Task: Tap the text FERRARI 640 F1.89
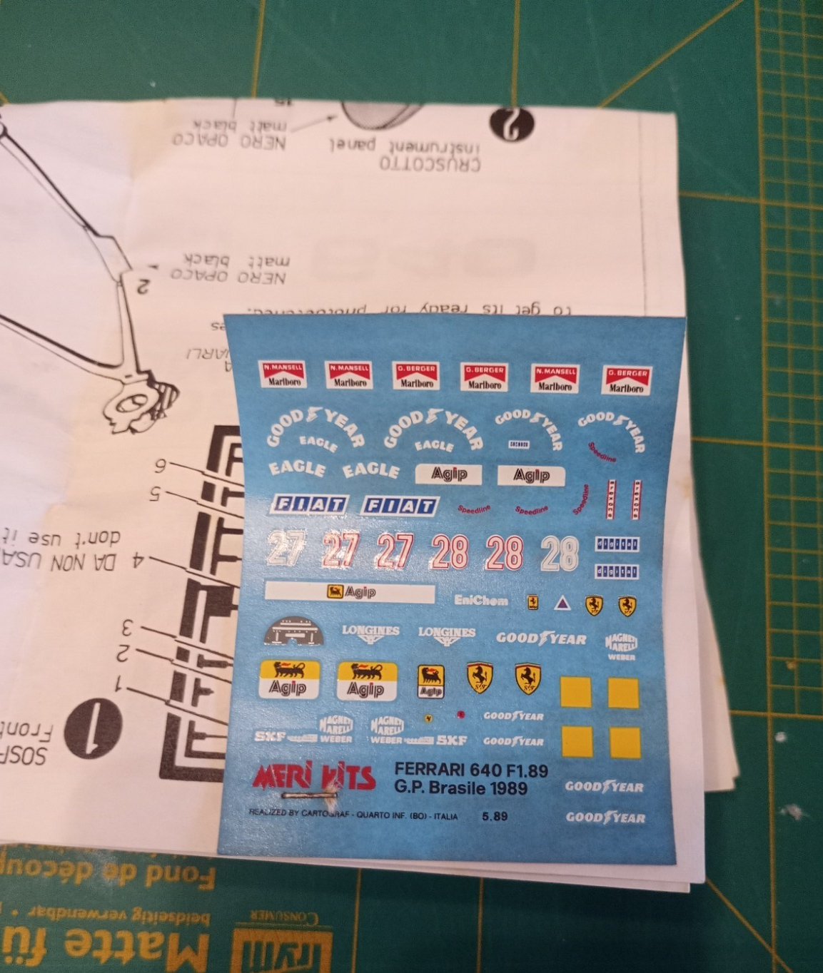pyautogui.click(x=471, y=770)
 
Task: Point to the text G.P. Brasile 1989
pyautogui.click(x=460, y=788)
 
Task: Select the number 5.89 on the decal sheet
pyautogui.click(x=495, y=816)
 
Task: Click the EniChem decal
pyautogui.click(x=481, y=601)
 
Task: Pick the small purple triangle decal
pyautogui.click(x=562, y=604)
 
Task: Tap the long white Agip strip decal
pyautogui.click(x=349, y=592)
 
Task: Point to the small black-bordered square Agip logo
pyautogui.click(x=430, y=681)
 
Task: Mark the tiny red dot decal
pyautogui.click(x=460, y=713)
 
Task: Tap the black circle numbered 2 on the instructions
pyautogui.click(x=512, y=124)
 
